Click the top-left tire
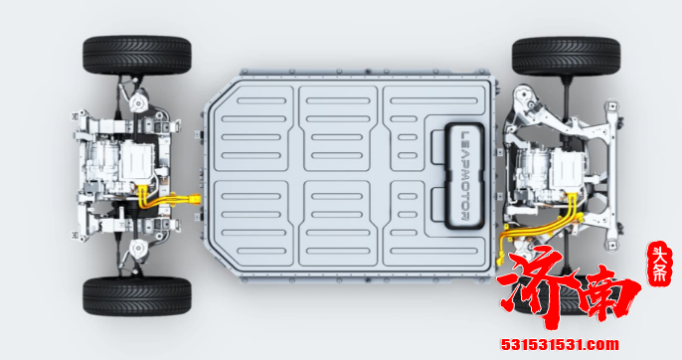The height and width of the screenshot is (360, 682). point(137,56)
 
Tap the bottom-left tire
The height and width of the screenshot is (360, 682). point(137,296)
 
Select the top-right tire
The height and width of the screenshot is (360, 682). point(567,57)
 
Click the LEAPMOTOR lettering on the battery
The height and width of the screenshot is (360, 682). point(464,175)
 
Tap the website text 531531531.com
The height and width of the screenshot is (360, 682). point(560,345)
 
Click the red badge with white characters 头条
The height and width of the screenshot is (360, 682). point(660,264)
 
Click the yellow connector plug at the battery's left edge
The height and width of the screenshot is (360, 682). point(194,200)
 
